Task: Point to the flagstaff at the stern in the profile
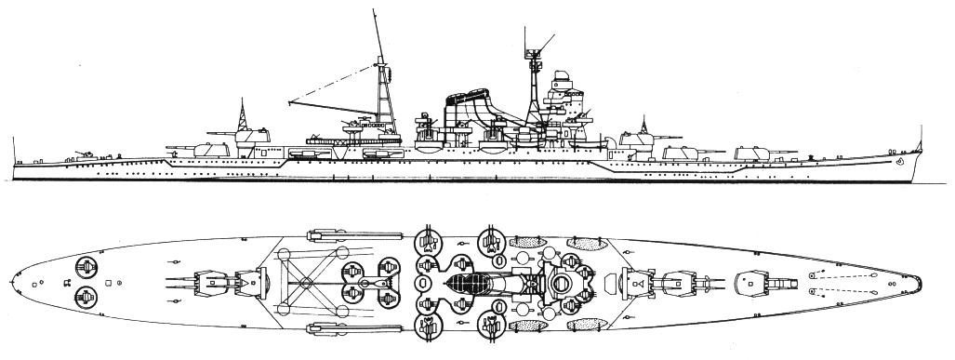pyautogui.click(x=16, y=148)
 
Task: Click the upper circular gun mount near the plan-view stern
pyautogui.click(x=86, y=268)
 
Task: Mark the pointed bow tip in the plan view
pyautogui.click(x=920, y=277)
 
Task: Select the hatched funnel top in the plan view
pyautogui.click(x=471, y=279)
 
